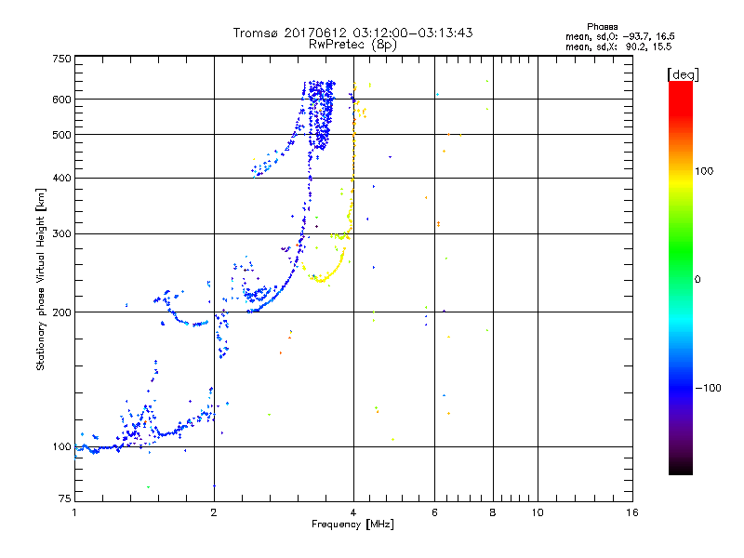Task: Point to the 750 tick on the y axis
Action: tap(61, 58)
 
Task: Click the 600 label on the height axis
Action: tap(61, 100)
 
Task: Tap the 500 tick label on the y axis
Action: tap(61, 135)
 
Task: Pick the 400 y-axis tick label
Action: tap(61, 179)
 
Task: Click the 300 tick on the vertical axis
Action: tap(61, 234)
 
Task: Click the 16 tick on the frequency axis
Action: tap(632, 512)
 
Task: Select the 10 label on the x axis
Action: tap(537, 512)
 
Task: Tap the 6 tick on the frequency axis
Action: tap(435, 512)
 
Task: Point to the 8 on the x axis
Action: tap(493, 512)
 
